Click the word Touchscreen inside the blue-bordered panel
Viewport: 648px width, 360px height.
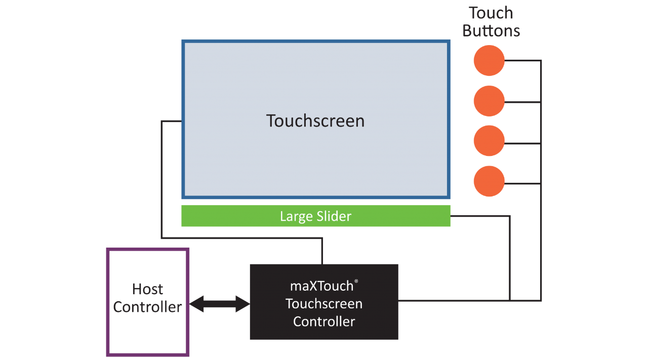315,121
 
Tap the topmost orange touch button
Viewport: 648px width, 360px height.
489,61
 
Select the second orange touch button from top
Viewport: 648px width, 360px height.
489,101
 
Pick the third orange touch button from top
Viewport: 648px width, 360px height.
489,141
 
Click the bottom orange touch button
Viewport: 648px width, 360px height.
489,181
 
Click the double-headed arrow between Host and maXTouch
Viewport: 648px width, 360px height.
220,304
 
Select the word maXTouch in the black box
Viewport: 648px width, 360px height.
321,286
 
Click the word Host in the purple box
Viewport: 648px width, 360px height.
147,289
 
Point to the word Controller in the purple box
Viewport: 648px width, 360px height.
147,307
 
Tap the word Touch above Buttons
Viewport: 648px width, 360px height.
491,13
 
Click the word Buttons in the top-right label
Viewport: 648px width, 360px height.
491,31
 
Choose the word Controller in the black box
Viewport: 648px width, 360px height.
324,322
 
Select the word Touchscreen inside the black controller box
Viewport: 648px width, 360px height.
324,304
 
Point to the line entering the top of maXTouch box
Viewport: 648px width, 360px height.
322,251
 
